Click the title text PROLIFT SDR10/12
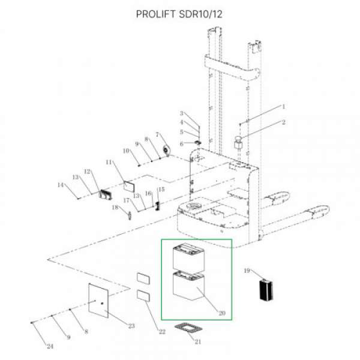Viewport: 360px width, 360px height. tap(179, 14)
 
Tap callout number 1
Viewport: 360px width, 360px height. tap(284, 107)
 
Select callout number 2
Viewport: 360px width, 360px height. tap(284, 122)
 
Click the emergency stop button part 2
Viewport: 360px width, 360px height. tap(238, 142)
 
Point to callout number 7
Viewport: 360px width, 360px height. tap(157, 134)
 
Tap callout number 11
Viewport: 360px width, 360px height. tap(109, 163)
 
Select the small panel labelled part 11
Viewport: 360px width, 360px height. tap(129, 186)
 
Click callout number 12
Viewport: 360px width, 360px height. tap(88, 172)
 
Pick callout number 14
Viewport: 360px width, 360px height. tap(61, 185)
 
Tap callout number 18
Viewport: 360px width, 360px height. tap(115, 208)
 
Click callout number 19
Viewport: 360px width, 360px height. tap(247, 271)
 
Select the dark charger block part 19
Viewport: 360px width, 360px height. tap(266, 290)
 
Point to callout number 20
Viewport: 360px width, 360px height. tap(222, 313)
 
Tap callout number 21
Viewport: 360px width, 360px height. tap(198, 341)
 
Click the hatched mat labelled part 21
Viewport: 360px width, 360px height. tap(188, 328)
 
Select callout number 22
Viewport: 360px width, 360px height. tap(162, 332)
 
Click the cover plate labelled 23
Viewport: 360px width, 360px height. tap(98, 301)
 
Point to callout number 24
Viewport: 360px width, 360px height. tap(50, 346)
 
